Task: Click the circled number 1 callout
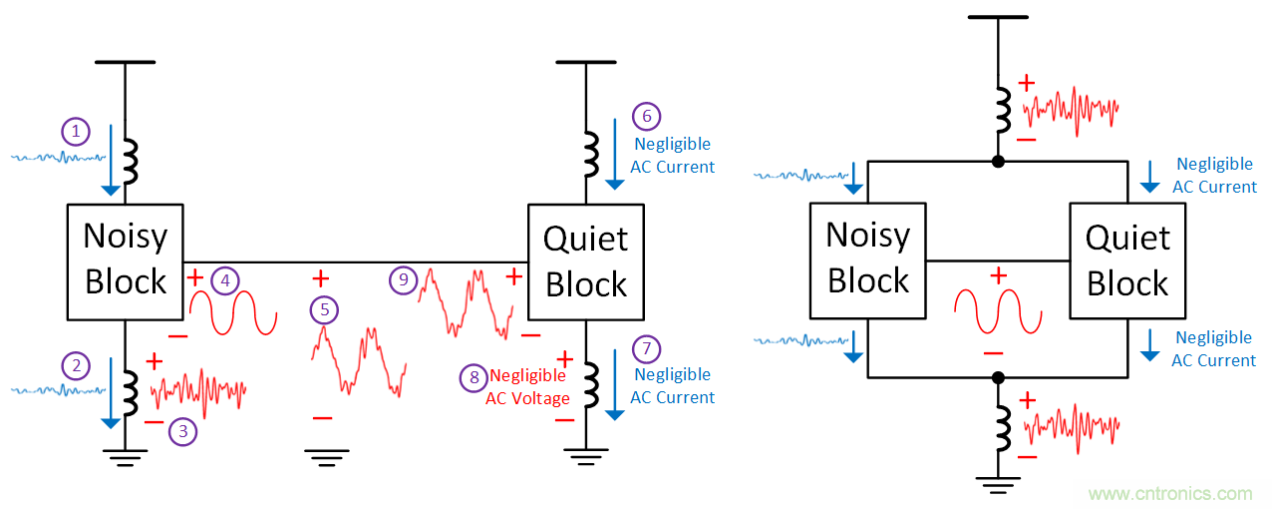76,131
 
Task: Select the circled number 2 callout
76,366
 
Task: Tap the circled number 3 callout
182,432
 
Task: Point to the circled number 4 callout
225,281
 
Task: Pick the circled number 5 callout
324,310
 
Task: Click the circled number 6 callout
646,117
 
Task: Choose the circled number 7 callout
646,348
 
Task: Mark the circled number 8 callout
474,377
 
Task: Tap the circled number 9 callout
403,280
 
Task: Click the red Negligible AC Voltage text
527,387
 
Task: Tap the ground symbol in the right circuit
998,486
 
